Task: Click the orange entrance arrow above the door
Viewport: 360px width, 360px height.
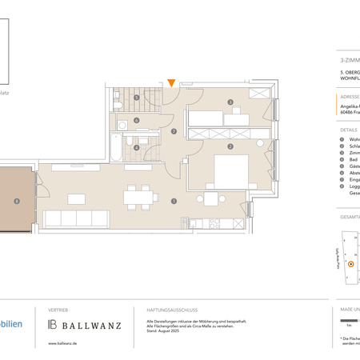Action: tap(171, 82)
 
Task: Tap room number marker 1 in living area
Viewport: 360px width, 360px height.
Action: tap(174, 201)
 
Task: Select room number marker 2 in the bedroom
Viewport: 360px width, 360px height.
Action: tap(230, 146)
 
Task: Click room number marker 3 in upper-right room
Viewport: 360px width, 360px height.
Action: tap(230, 102)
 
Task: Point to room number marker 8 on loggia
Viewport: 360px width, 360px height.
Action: tap(16, 201)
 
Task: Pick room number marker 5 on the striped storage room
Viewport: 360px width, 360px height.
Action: tap(137, 98)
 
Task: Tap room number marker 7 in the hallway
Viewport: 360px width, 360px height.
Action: tap(174, 132)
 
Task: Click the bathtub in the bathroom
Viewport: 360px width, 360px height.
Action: tap(116, 148)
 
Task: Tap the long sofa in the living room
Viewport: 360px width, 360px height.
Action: tap(78, 218)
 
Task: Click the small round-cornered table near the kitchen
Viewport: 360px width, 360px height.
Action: tap(211, 200)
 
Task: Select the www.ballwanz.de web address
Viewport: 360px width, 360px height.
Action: tap(63, 343)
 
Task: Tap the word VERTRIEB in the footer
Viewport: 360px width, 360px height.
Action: tap(58, 309)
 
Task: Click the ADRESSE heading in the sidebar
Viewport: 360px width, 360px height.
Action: tap(349, 96)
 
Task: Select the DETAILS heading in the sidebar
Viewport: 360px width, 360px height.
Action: tap(349, 128)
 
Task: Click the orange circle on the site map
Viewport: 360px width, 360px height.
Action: tap(350, 263)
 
